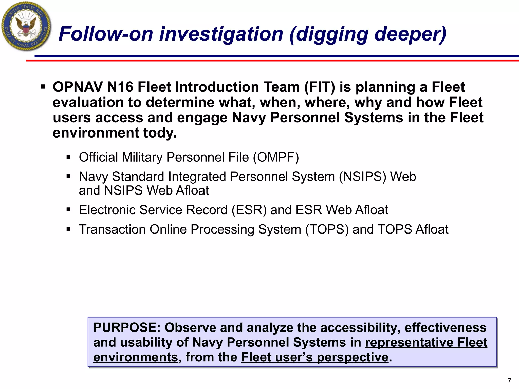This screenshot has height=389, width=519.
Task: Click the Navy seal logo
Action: (x=26, y=26)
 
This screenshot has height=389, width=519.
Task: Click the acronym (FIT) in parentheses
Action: (x=320, y=87)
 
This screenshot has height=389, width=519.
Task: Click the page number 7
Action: (x=509, y=381)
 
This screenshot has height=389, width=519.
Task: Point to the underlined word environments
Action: (x=136, y=357)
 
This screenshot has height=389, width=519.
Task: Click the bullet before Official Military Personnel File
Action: (x=68, y=157)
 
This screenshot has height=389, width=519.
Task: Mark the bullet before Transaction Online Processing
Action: (x=68, y=229)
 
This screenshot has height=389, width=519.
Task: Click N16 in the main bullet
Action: (x=120, y=87)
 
